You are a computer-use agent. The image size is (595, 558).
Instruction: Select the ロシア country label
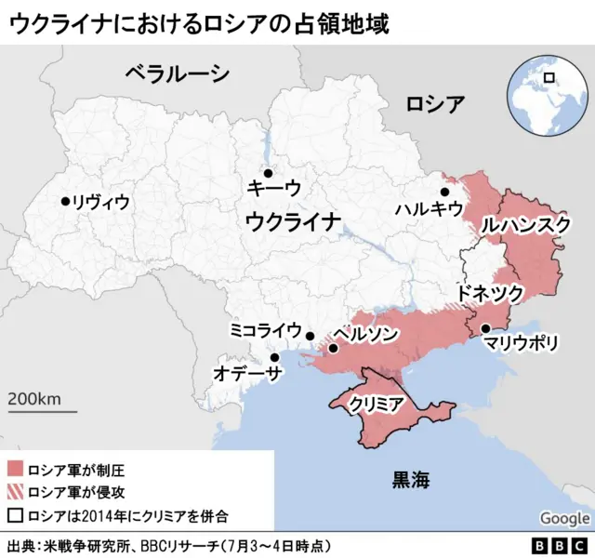(435, 103)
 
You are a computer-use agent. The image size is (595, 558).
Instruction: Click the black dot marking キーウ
(268, 173)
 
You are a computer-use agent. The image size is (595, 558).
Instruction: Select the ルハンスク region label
(525, 225)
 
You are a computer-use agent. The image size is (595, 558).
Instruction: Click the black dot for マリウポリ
(485, 327)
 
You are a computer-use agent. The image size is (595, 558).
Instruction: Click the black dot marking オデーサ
(274, 357)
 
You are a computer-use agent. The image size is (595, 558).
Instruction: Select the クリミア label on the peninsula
(376, 404)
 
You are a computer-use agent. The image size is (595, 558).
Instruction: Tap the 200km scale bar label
(34, 398)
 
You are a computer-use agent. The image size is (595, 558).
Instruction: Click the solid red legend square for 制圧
(15, 468)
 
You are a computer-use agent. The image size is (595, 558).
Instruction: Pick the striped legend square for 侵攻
(15, 491)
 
